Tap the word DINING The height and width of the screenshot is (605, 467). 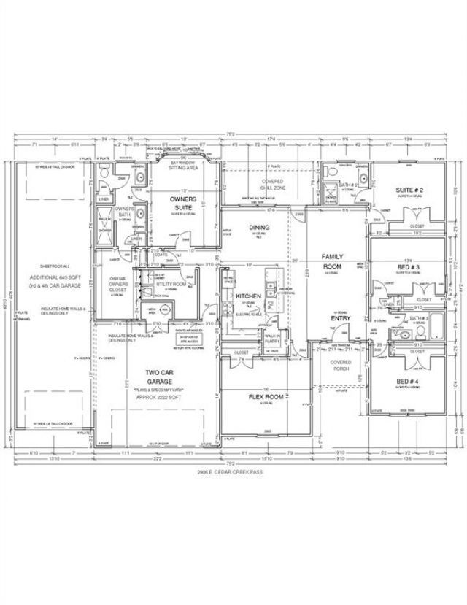point(259,228)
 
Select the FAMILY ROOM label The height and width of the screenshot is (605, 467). point(332,262)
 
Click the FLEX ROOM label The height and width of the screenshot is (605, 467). point(266,398)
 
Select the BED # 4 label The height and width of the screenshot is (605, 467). point(407,382)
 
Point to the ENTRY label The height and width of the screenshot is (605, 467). point(341,318)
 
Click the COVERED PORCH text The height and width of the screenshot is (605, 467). point(340,365)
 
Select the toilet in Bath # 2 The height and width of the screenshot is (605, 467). point(333,174)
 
